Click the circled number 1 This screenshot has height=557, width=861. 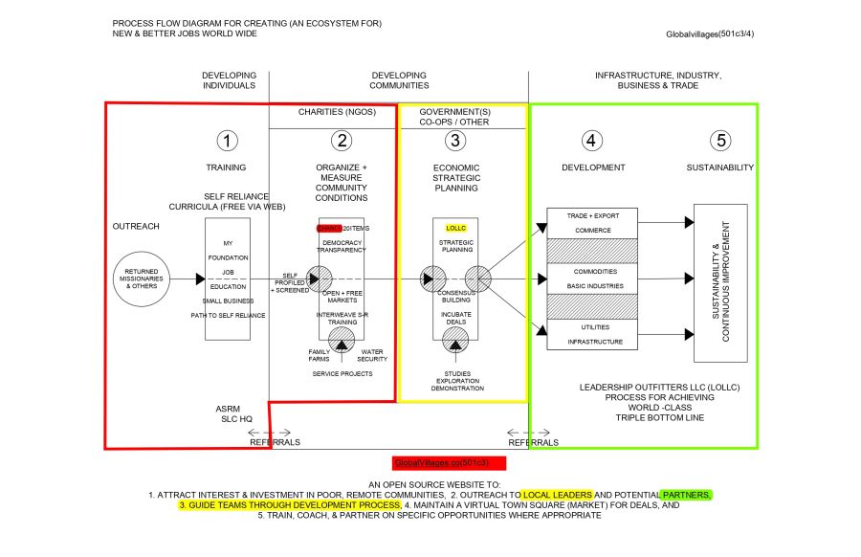(227, 141)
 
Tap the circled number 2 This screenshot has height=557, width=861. (342, 141)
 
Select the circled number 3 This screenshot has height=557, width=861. (456, 141)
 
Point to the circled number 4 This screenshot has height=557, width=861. (592, 141)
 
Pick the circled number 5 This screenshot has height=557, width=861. (720, 141)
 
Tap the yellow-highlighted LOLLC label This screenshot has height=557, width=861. (456, 229)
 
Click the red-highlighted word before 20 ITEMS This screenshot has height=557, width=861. (328, 229)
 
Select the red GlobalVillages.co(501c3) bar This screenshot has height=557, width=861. (449, 462)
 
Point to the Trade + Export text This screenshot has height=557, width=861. (593, 215)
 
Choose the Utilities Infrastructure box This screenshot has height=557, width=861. (593, 335)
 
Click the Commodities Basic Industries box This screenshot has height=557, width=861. (593, 278)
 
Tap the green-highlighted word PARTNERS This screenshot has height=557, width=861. (686, 495)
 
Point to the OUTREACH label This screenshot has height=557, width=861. (136, 227)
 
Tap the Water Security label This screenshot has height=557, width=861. (373, 356)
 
